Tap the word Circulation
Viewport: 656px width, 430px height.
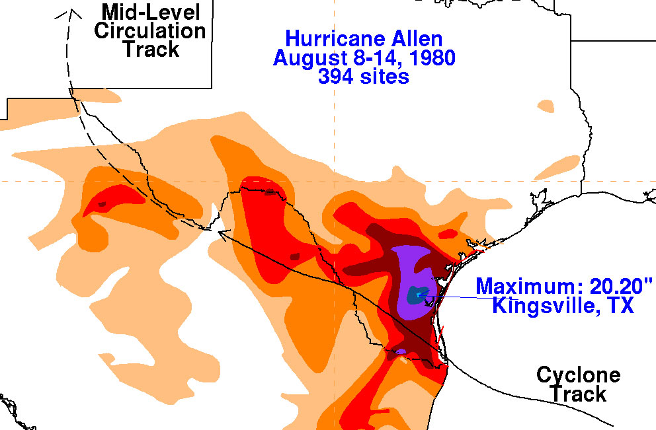[150, 30]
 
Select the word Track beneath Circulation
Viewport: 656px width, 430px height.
[150, 49]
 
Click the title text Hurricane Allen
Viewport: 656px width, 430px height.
[364, 39]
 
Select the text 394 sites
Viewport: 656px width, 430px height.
[364, 76]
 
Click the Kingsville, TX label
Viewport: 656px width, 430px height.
[563, 306]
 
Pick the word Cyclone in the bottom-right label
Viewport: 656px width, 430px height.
[578, 376]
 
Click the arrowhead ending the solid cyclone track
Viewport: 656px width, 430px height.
[222, 232]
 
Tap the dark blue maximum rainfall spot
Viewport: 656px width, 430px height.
[417, 295]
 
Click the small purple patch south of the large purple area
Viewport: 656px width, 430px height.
[400, 351]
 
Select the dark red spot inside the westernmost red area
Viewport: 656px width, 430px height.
[102, 205]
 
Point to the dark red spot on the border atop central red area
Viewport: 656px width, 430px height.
[270, 193]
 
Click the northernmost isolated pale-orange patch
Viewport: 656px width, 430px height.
[546, 105]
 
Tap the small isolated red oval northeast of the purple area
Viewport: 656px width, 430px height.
[448, 233]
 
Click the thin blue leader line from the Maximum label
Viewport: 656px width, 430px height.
[456, 297]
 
